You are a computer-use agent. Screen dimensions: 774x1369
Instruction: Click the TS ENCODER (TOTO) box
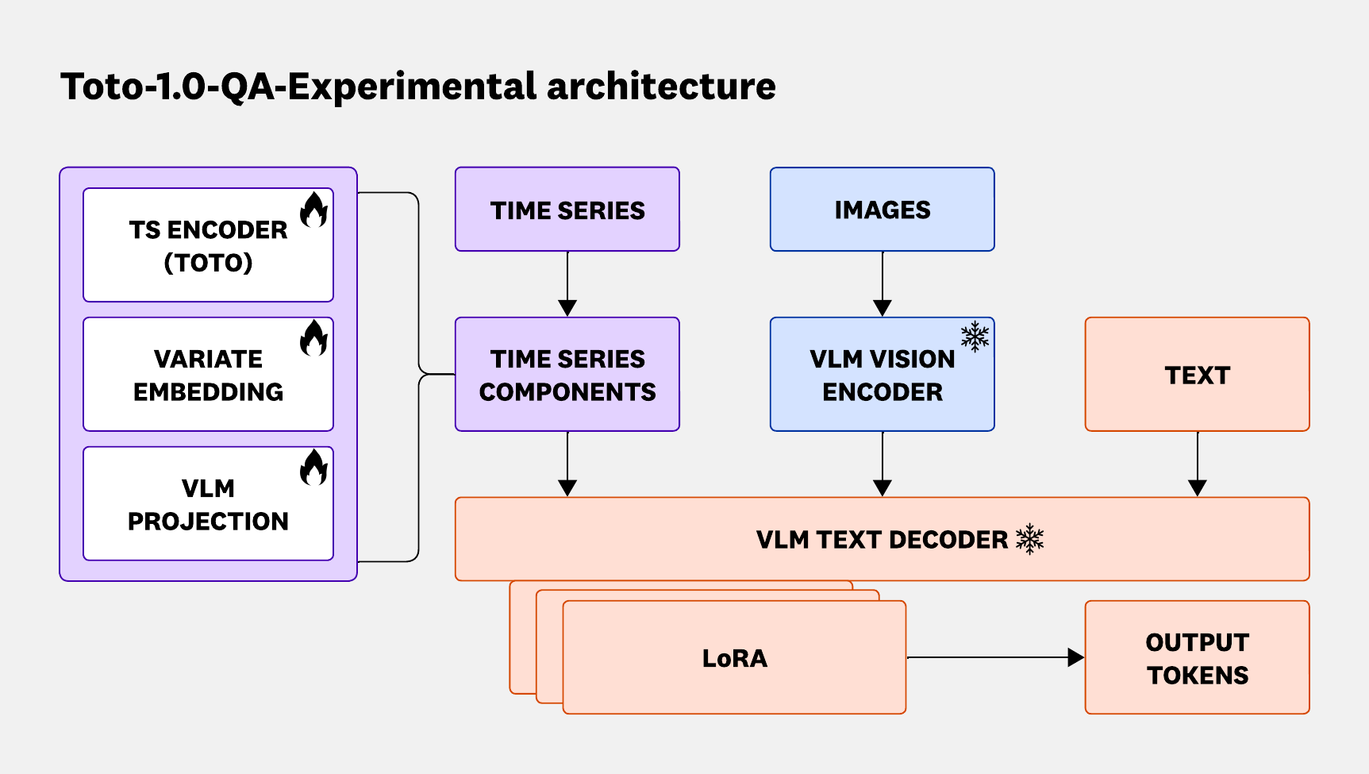[208, 245]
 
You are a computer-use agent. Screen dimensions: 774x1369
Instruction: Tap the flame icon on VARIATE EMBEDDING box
[313, 338]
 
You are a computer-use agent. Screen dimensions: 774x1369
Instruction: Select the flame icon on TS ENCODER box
[313, 209]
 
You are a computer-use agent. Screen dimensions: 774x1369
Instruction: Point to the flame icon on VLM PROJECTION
[313, 468]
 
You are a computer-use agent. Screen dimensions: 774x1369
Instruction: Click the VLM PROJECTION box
[208, 504]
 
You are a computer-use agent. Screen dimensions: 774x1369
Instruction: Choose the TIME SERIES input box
[567, 210]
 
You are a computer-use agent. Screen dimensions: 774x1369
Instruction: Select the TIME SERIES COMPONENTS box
[567, 375]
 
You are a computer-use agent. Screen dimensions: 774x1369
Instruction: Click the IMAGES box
[882, 210]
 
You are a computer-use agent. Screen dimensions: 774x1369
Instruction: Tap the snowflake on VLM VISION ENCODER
[975, 337]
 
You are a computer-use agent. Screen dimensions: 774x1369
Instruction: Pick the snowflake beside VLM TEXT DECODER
[1029, 539]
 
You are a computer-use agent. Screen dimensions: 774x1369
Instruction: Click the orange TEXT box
[1197, 375]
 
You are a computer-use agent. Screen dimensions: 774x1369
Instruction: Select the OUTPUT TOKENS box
[1197, 658]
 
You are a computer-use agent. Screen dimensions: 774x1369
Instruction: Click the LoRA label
[735, 658]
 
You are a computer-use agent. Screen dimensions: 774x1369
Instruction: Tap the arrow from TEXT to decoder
[1198, 464]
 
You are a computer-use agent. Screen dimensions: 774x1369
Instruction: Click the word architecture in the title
[661, 86]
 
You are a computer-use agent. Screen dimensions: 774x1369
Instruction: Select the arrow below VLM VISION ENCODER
[883, 464]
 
